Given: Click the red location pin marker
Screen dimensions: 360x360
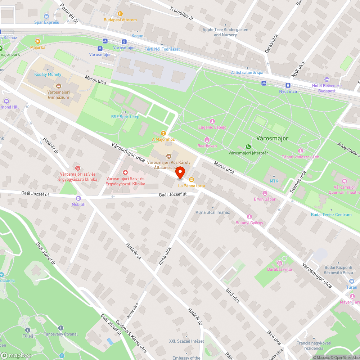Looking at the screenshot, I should pyautogui.click(x=180, y=172).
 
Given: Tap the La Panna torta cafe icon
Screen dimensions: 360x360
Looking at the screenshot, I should pyautogui.click(x=192, y=179).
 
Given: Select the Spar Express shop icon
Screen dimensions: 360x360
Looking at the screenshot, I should pyautogui.click(x=46, y=16).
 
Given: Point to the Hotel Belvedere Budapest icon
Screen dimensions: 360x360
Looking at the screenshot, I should pyautogui.click(x=327, y=80).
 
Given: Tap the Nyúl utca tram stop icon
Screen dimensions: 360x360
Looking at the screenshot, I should pyautogui.click(x=288, y=85).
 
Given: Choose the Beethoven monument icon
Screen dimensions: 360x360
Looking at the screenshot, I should pyautogui.click(x=207, y=140).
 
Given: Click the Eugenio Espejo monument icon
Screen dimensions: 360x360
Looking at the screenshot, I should pyautogui.click(x=212, y=121).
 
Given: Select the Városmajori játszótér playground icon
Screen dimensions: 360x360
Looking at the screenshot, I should pyautogui.click(x=248, y=147).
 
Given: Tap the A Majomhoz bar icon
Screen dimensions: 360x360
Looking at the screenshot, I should pyautogui.click(x=163, y=133).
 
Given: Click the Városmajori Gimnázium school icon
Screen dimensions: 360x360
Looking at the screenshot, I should pyautogui.click(x=58, y=86).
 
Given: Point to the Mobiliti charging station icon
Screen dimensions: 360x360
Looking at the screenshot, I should pyautogui.click(x=78, y=198).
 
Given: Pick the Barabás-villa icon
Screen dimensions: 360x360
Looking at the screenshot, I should pyautogui.click(x=279, y=263).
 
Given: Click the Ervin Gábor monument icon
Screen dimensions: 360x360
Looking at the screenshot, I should pyautogui.click(x=265, y=193).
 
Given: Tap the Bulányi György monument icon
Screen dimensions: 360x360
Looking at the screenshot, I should pyautogui.click(x=249, y=217).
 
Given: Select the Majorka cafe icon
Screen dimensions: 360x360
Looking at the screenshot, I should pyautogui.click(x=38, y=41).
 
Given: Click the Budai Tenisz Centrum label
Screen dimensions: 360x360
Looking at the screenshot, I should pyautogui.click(x=331, y=215).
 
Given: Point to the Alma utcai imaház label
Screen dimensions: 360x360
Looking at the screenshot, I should pyautogui.click(x=212, y=212).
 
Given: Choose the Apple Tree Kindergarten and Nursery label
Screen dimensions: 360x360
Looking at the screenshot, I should pyautogui.click(x=225, y=32).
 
